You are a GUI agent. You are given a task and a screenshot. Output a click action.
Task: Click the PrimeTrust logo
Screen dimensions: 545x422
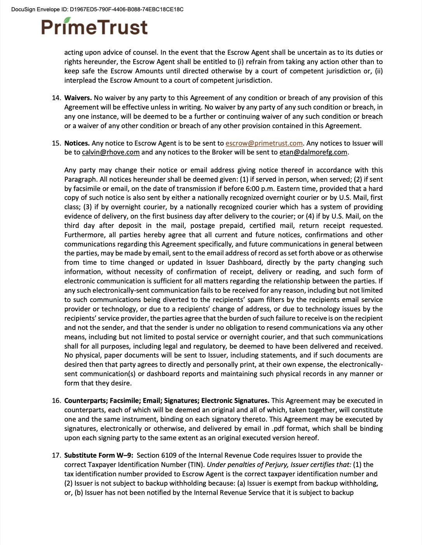coord(94,27)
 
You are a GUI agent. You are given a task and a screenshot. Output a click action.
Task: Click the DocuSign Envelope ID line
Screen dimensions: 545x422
coord(97,9)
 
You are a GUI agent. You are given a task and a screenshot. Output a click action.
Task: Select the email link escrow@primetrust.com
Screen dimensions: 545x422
coord(264,143)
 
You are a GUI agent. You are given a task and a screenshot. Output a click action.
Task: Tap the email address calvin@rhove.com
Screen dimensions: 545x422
coord(111,152)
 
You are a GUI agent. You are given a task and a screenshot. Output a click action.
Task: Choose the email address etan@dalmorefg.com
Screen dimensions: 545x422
coord(313,152)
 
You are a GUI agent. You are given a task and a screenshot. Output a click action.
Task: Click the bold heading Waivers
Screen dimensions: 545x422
coord(78,98)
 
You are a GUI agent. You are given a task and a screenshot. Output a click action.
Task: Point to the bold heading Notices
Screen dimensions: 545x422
coord(77,143)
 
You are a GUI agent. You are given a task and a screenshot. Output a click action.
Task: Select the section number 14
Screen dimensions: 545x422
coord(56,98)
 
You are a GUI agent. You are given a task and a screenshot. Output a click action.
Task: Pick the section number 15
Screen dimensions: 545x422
coord(56,143)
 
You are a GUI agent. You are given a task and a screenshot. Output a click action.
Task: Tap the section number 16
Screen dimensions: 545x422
coord(56,401)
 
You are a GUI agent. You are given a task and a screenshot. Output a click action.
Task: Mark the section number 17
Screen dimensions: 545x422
coord(56,455)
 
